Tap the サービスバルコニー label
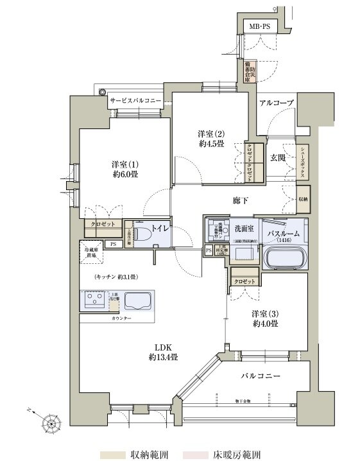tap(135, 101)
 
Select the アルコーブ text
tap(277, 103)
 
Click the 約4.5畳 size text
tap(210, 144)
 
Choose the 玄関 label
tap(277, 157)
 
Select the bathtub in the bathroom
tap(286, 257)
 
